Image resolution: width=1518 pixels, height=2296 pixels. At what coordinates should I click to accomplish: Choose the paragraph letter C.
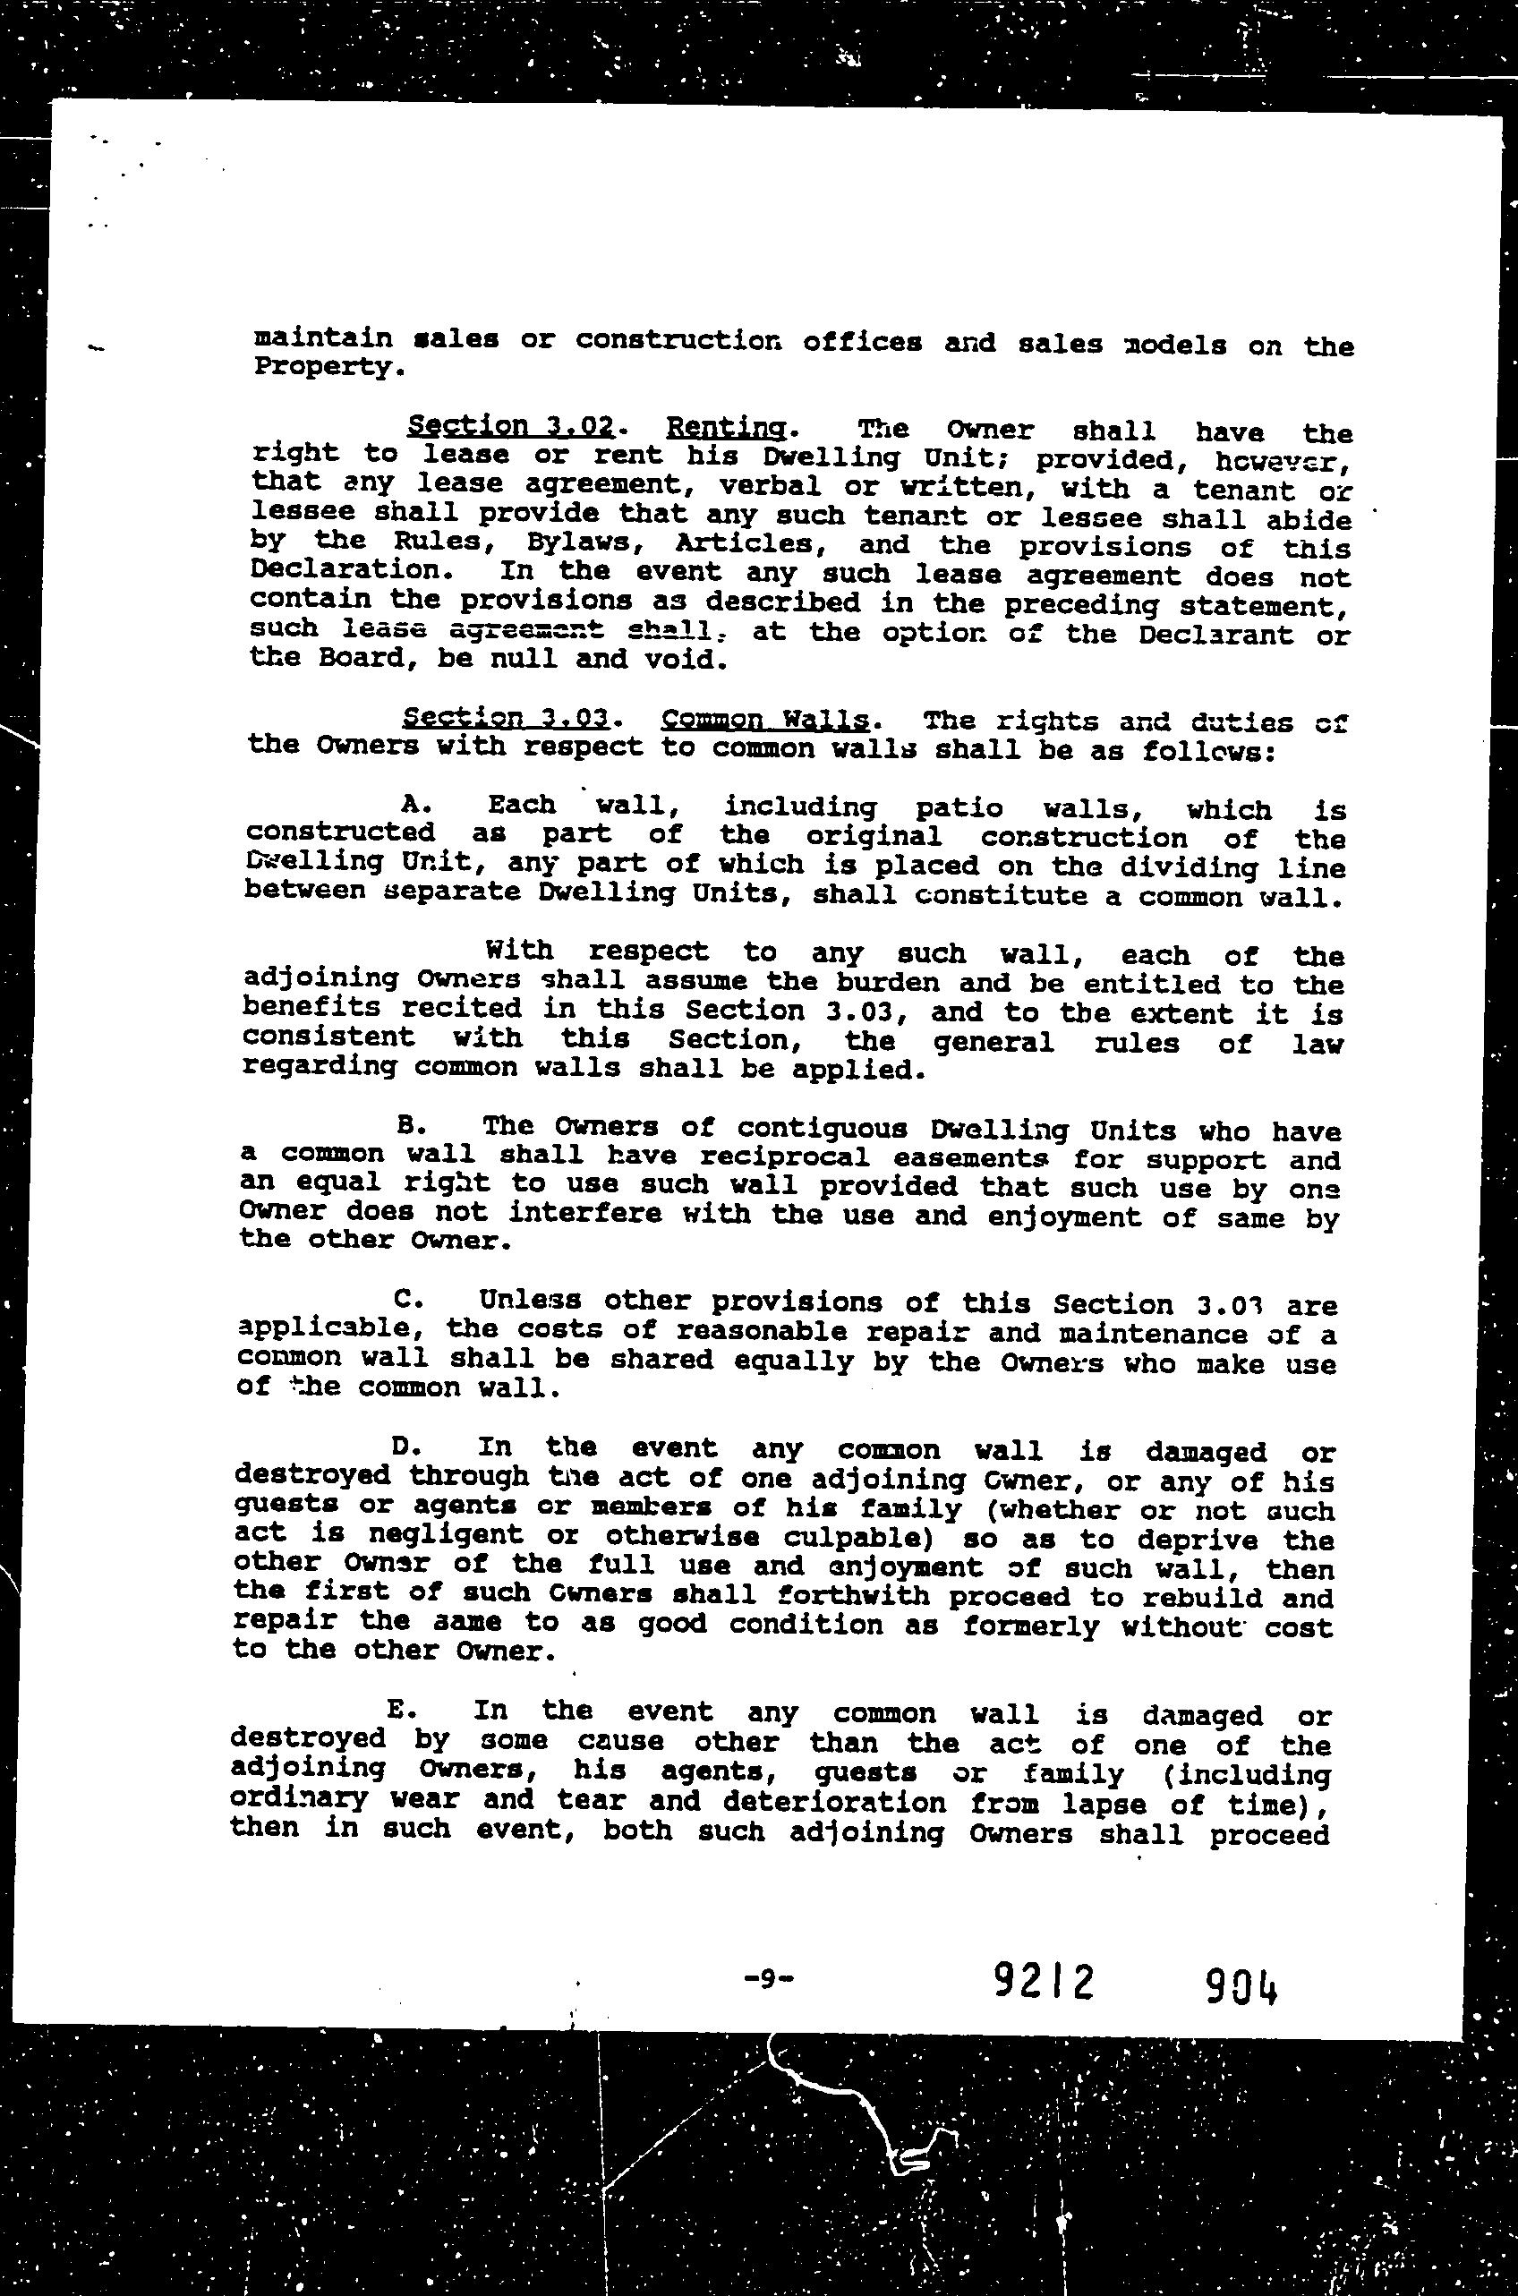pos(406,1298)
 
